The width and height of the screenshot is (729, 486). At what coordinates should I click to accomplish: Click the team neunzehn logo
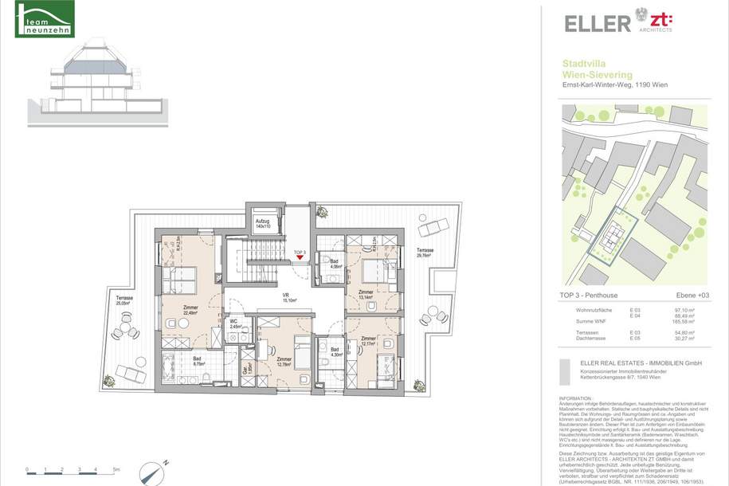pos(46,20)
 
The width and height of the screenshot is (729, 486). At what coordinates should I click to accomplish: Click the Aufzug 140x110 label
pos(263,224)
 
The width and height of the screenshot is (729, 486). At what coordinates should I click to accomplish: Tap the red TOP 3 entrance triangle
pos(300,257)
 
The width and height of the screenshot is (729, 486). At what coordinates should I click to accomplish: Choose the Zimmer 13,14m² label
pos(366,296)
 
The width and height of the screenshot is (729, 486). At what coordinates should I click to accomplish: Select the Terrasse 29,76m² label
pos(425,253)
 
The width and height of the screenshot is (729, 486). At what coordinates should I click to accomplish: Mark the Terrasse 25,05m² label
pos(124,300)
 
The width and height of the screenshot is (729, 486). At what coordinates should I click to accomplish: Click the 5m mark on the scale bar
pos(116,469)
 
